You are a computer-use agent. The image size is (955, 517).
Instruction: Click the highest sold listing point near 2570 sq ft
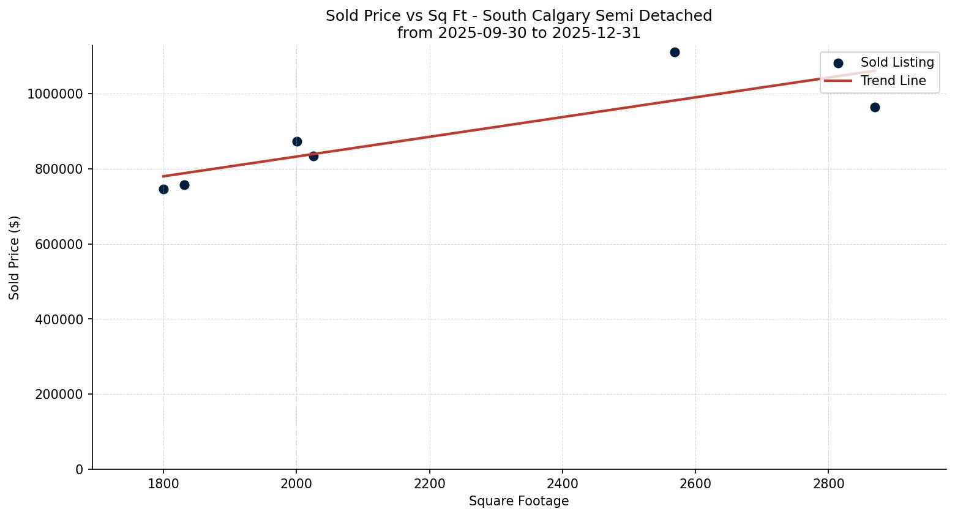tap(675, 52)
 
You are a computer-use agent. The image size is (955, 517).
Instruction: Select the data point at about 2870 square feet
tap(875, 107)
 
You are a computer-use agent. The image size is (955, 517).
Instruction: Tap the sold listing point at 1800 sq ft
tap(163, 189)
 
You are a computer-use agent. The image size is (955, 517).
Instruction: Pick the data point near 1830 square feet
tap(184, 185)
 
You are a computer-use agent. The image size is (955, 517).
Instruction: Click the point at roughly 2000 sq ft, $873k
tap(297, 141)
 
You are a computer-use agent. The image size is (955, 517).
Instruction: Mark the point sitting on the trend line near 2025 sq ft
tap(313, 156)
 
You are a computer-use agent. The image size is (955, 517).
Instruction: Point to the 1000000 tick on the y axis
tap(54, 94)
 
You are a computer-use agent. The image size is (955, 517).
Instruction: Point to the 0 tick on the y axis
tap(79, 470)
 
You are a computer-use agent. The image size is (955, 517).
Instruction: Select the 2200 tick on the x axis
tap(429, 484)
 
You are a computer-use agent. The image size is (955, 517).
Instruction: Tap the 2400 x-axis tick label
tap(562, 484)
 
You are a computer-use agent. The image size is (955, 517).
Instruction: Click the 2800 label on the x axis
tap(828, 484)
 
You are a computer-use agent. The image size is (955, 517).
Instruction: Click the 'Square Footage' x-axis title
tap(519, 502)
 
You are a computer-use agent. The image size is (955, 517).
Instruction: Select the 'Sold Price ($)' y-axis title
tap(15, 258)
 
